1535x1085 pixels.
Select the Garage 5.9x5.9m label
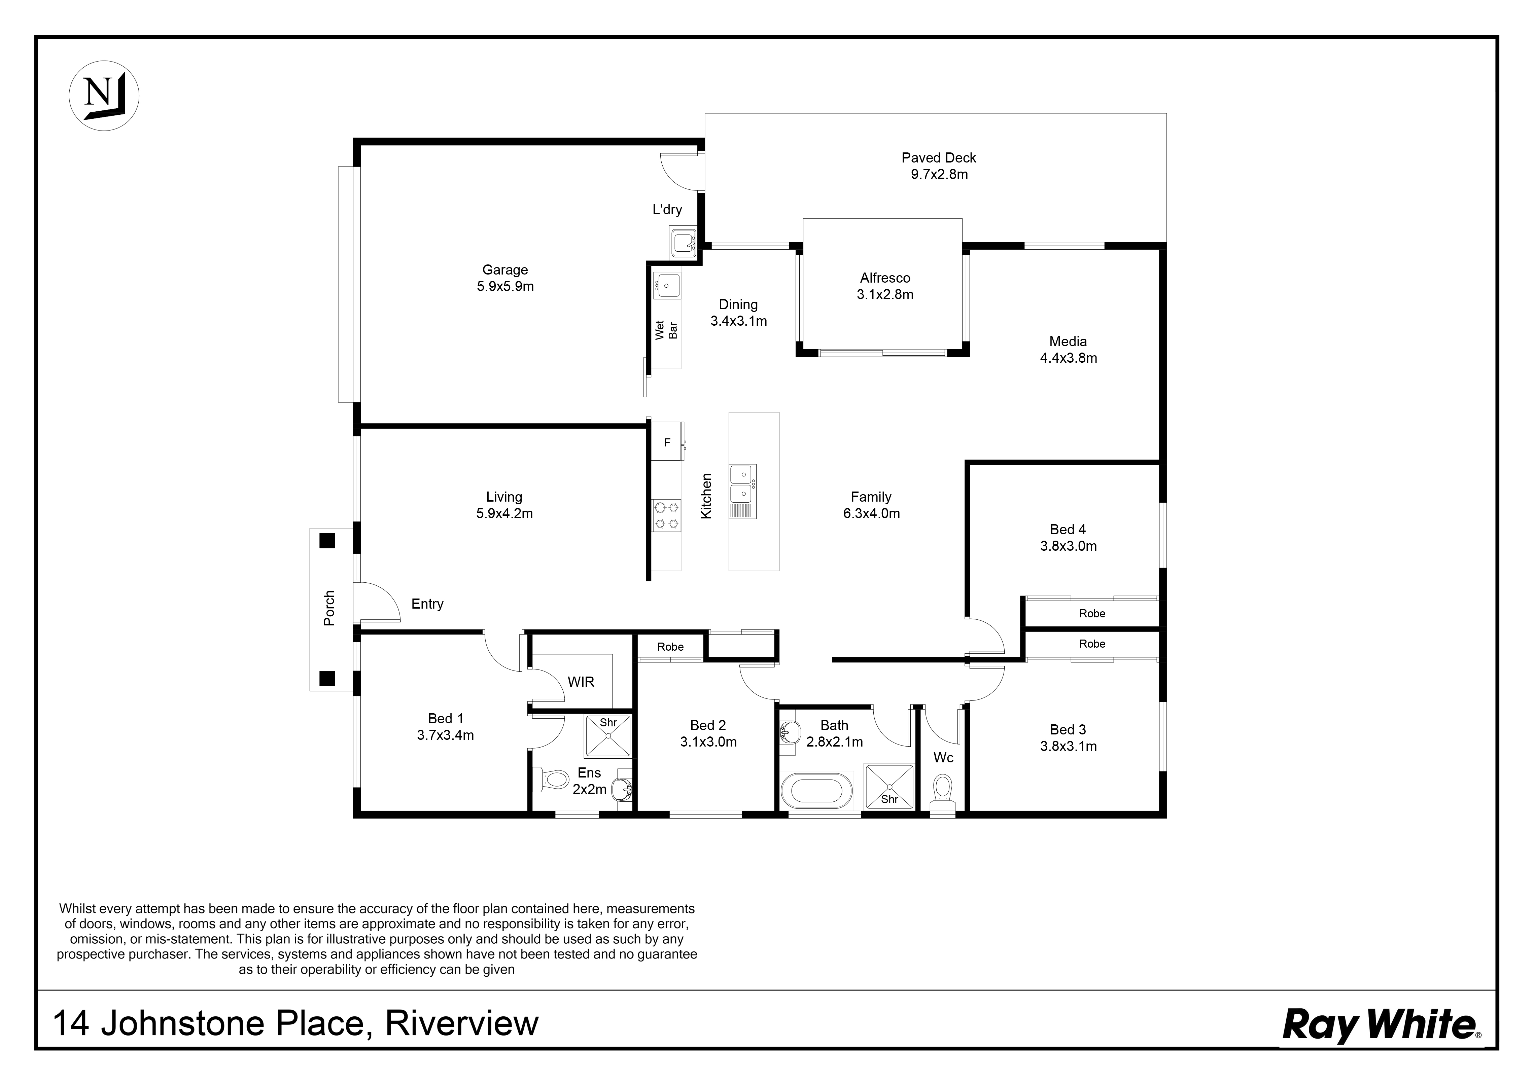(505, 278)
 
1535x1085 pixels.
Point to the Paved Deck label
(939, 166)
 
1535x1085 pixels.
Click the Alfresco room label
(884, 286)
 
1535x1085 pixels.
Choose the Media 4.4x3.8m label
(1068, 350)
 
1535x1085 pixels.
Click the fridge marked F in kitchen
(667, 442)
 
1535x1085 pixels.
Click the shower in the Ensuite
(608, 736)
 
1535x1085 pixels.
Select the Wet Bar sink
(667, 286)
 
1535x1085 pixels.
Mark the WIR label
(580, 682)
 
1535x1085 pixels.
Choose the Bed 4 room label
(1068, 538)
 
